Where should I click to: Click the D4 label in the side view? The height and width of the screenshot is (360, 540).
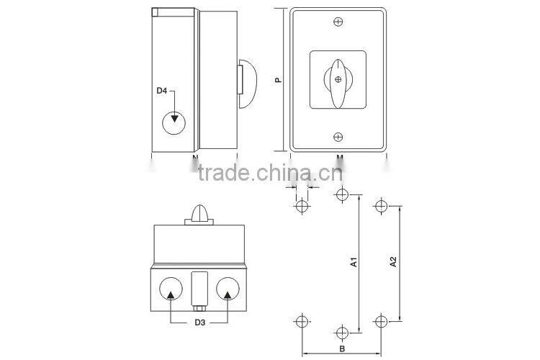click(163, 91)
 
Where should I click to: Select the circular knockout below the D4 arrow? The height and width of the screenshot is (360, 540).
click(173, 123)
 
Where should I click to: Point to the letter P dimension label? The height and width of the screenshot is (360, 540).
click(278, 81)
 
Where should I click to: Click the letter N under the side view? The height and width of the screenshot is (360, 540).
click(195, 156)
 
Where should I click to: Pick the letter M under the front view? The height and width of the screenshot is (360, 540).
click(339, 156)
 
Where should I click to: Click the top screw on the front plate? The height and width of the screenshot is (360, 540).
click(338, 22)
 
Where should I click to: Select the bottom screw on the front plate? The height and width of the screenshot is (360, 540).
click(338, 137)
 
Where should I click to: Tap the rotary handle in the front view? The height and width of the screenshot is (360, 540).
click(338, 81)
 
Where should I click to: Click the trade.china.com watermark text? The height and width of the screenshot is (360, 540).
click(264, 174)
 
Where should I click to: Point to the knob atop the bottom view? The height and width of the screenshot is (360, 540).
click(199, 214)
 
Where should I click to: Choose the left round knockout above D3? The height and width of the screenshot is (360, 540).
click(170, 288)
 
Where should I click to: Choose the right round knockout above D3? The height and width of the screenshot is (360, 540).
click(228, 288)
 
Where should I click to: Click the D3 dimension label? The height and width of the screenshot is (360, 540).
click(199, 321)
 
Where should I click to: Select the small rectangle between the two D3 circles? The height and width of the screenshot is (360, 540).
click(199, 289)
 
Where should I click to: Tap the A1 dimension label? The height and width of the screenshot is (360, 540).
click(354, 264)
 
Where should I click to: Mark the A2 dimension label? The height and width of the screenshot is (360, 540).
click(393, 264)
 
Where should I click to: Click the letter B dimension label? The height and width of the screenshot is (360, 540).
click(342, 348)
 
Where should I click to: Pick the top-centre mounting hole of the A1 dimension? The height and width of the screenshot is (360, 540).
click(341, 194)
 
